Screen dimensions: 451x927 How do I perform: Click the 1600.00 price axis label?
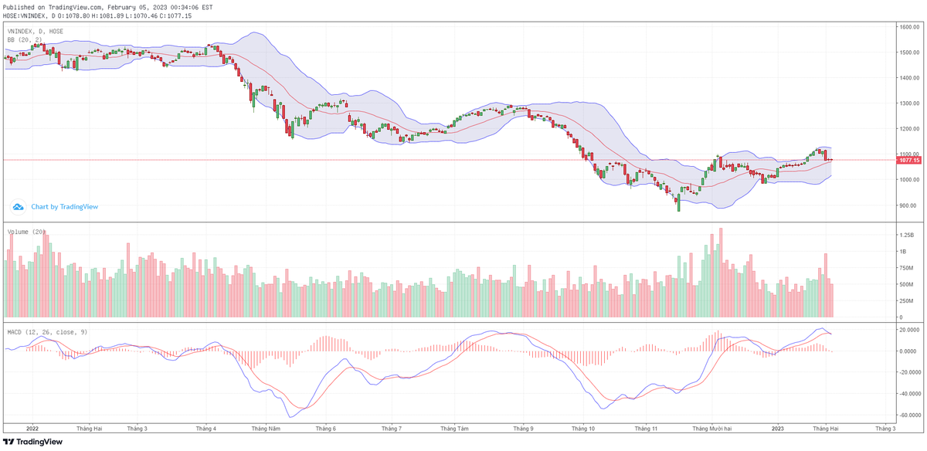(908, 27)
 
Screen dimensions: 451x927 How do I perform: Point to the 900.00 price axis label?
(908, 205)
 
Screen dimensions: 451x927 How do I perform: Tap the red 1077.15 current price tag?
(909, 160)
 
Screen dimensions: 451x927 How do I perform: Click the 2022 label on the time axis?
(32, 427)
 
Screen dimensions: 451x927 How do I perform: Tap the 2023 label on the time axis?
(778, 427)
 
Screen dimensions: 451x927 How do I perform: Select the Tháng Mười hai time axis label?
(711, 427)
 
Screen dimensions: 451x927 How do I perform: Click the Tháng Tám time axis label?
(454, 427)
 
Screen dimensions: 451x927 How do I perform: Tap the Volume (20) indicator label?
(26, 231)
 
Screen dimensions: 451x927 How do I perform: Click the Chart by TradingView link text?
(64, 207)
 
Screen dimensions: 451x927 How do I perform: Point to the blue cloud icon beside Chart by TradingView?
(18, 207)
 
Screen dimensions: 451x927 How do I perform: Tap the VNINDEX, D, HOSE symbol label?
(36, 31)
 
